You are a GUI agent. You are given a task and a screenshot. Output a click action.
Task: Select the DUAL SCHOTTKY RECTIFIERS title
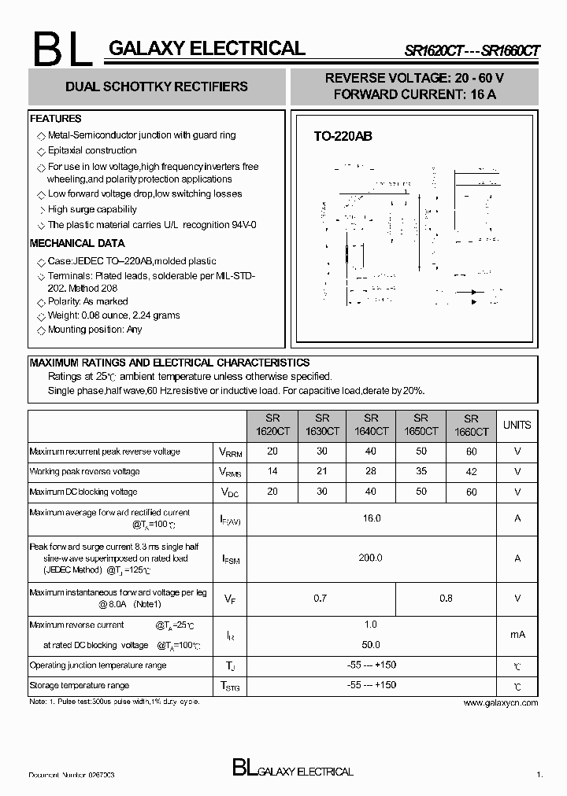(x=157, y=87)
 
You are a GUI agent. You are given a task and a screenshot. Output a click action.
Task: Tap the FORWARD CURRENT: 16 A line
(x=414, y=94)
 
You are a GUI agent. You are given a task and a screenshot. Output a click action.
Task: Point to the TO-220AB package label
(x=343, y=136)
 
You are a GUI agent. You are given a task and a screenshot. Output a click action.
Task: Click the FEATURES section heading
(x=56, y=119)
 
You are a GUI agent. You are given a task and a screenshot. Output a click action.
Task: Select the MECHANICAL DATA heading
(x=77, y=243)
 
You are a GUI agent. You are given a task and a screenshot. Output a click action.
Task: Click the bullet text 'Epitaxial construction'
(x=92, y=150)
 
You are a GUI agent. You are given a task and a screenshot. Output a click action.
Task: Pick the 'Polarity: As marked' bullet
(x=87, y=301)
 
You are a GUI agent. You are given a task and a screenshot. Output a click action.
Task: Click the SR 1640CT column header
(x=371, y=425)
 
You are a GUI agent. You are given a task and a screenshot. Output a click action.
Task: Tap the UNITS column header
(x=517, y=425)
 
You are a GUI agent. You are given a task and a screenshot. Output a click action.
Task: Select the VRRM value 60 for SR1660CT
(x=471, y=451)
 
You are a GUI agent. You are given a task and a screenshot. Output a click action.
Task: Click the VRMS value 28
(x=371, y=471)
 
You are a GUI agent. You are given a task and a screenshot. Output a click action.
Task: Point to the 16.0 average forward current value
(x=371, y=518)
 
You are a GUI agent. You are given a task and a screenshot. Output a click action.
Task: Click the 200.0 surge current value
(x=371, y=558)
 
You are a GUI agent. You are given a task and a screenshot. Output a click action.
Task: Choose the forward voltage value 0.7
(x=321, y=599)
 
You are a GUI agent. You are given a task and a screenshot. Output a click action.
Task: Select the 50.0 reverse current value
(x=371, y=644)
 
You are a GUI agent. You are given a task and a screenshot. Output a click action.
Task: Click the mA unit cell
(x=517, y=635)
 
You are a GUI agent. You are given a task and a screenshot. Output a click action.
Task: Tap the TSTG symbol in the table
(x=230, y=686)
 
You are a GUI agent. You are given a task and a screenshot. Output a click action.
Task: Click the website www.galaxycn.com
(x=500, y=702)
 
